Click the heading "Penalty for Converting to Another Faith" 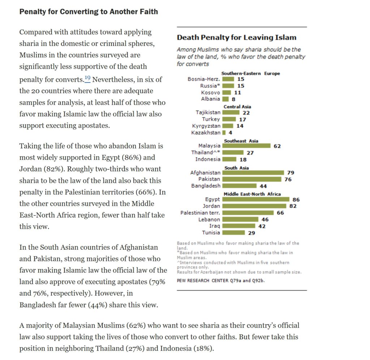89,12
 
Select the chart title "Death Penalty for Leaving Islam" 236,38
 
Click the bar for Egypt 255,199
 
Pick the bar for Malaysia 246,146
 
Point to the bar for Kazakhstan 224,133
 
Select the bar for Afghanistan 253,173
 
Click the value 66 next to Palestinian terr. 280,213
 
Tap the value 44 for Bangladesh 263,186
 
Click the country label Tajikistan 208,112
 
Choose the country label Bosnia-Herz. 204,79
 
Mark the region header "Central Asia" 237,107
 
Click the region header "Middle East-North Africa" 252,194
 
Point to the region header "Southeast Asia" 241,141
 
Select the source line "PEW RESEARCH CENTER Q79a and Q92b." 220,280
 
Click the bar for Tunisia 233,233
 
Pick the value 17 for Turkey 242,119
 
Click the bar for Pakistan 251,179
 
